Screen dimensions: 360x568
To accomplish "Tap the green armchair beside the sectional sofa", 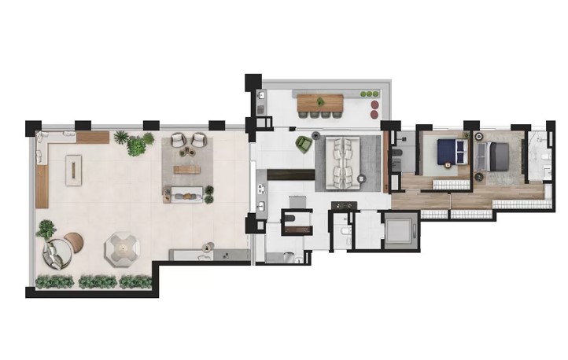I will tap(304, 143).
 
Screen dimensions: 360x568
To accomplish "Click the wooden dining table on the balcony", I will tap(319, 101).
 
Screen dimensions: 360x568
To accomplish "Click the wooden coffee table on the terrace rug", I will tap(186, 169).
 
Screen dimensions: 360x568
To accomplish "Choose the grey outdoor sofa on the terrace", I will tap(187, 193).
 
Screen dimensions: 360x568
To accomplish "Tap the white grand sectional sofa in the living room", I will tap(344, 160).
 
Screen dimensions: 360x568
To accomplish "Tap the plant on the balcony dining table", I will tap(367, 95).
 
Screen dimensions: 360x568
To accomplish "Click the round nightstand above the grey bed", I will tap(478, 137).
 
